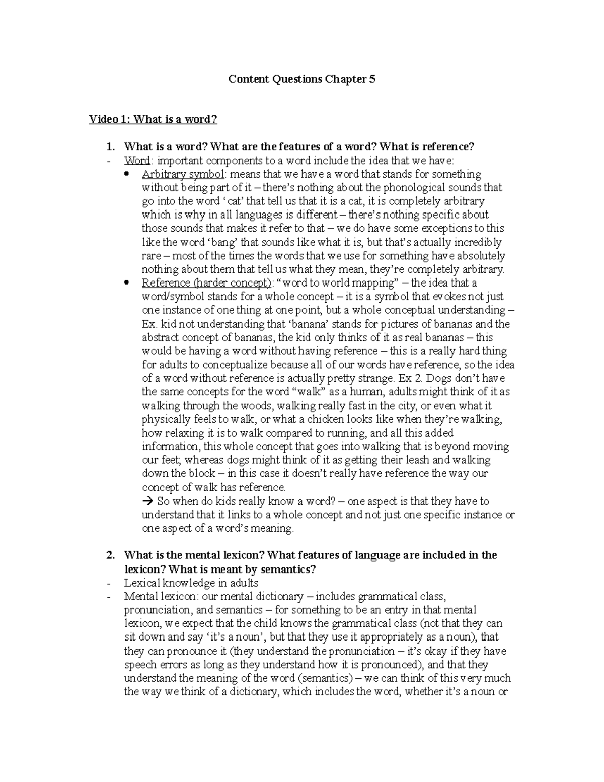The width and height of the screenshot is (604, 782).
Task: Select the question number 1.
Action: click(x=110, y=147)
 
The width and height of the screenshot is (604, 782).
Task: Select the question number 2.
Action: click(x=110, y=555)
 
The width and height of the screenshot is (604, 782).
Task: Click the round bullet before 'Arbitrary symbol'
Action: click(x=127, y=174)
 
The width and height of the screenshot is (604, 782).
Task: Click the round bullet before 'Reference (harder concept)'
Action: click(x=127, y=283)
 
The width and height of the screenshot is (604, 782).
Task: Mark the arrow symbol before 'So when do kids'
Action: click(x=147, y=501)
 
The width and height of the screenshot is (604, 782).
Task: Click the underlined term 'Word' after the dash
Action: click(x=136, y=161)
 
